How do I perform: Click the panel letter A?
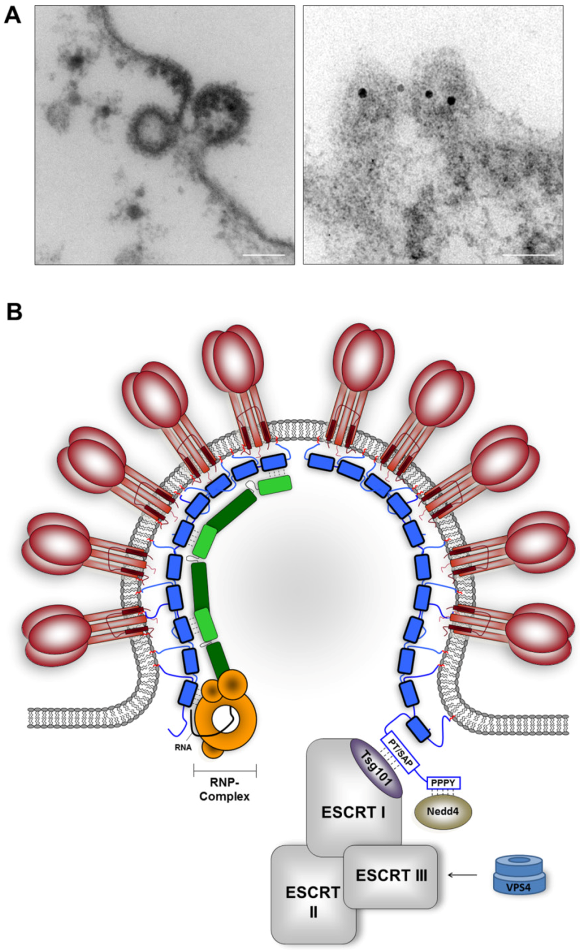[12, 15]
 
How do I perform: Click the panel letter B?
[14, 311]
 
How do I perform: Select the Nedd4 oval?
[443, 811]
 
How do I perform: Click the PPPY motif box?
[443, 783]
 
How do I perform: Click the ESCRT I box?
[353, 812]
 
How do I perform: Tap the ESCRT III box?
[391, 875]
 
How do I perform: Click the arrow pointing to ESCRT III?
[462, 875]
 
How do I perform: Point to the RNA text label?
[183, 747]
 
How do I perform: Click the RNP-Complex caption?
[224, 789]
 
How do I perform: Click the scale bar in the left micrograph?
[263, 255]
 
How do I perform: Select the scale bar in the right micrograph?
[528, 255]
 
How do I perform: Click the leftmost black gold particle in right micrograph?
[361, 92]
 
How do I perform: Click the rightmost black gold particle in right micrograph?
[451, 101]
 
